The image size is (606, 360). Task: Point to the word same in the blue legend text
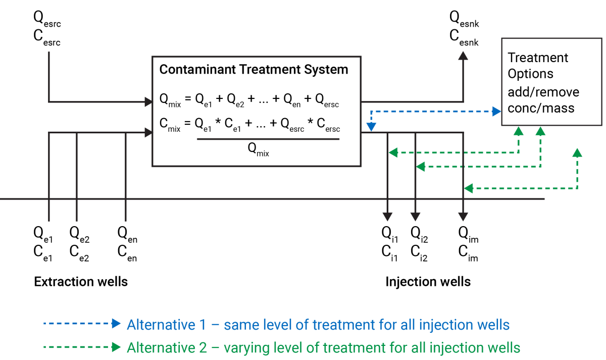point(239,324)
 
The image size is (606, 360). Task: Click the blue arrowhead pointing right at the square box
point(497,111)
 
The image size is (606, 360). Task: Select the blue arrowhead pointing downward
point(371,127)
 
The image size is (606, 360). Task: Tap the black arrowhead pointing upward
point(463,56)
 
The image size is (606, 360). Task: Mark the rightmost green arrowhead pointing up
point(577,152)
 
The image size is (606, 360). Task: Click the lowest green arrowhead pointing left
point(468,188)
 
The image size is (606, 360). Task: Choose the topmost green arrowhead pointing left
point(392,152)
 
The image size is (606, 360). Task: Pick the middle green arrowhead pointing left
point(420,167)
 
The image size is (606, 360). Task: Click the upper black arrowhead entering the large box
point(148,102)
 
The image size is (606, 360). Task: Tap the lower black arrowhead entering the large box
point(148,133)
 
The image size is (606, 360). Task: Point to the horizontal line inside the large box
point(268,139)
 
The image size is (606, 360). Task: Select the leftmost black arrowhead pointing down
point(387,217)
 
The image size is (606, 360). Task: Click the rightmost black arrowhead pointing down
point(463,217)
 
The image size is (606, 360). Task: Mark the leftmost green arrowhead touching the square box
point(518,131)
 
